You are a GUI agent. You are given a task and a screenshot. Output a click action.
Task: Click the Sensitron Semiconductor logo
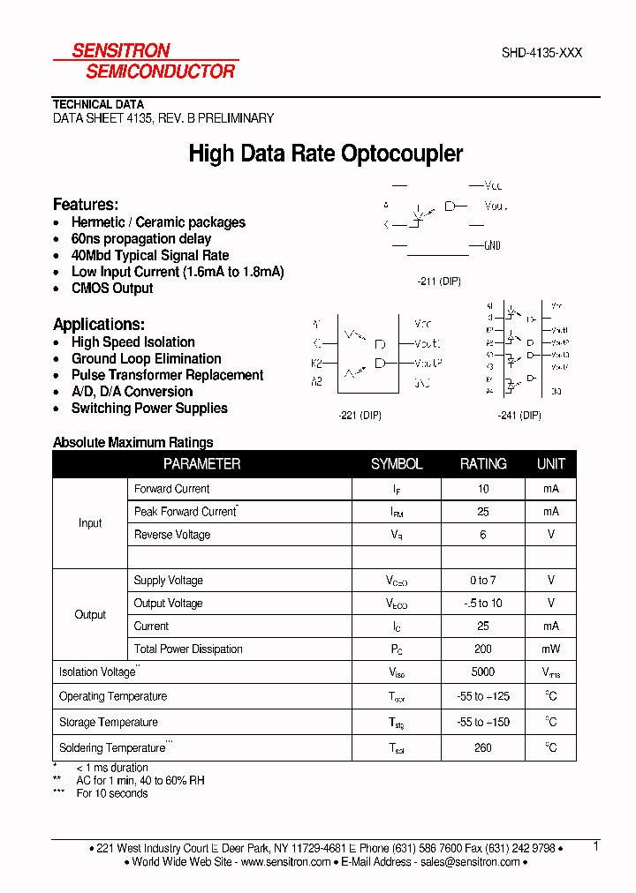[x=145, y=61]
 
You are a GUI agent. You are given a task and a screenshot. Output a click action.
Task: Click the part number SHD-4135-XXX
[x=541, y=53]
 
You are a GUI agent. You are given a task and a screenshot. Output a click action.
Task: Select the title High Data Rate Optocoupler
[x=326, y=154]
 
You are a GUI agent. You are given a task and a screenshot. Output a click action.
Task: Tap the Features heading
[x=85, y=204]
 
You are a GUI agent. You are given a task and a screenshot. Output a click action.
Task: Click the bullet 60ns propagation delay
[x=141, y=239]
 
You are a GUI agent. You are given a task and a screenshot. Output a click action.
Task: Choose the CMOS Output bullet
[x=112, y=289]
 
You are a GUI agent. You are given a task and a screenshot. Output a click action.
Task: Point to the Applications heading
[x=99, y=324]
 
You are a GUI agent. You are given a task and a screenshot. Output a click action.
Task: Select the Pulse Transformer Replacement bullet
[x=167, y=375]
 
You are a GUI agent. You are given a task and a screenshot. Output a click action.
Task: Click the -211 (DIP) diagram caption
[x=438, y=281]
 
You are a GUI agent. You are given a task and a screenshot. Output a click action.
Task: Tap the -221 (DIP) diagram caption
[x=360, y=416]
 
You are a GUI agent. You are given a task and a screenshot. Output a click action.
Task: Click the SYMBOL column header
[x=397, y=464]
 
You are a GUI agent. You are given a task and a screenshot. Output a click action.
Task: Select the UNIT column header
[x=551, y=464]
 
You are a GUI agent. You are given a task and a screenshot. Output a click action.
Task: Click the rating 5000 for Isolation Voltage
[x=483, y=672]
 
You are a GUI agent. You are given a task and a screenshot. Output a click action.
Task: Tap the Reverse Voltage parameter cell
[x=172, y=535]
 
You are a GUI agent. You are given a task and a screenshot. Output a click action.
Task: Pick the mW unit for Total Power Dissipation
[x=551, y=649]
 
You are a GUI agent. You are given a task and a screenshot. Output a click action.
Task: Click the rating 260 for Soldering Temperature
[x=483, y=748]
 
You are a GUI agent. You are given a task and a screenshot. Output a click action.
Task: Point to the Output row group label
[x=90, y=615]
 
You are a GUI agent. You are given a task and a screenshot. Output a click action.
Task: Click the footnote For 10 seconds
[x=112, y=793]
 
